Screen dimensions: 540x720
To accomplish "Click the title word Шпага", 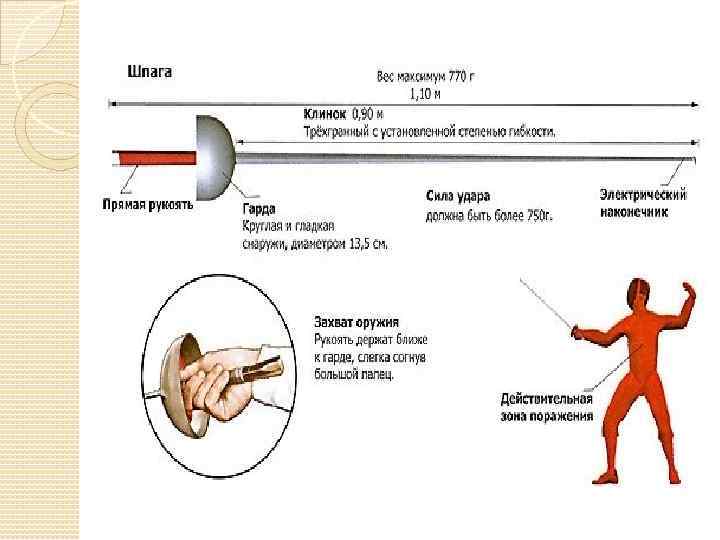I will [150, 72].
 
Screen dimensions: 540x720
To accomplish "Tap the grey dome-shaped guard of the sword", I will [216, 155].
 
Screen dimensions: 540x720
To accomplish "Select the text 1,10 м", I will [425, 94].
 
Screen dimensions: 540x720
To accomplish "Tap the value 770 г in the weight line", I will [454, 77].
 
